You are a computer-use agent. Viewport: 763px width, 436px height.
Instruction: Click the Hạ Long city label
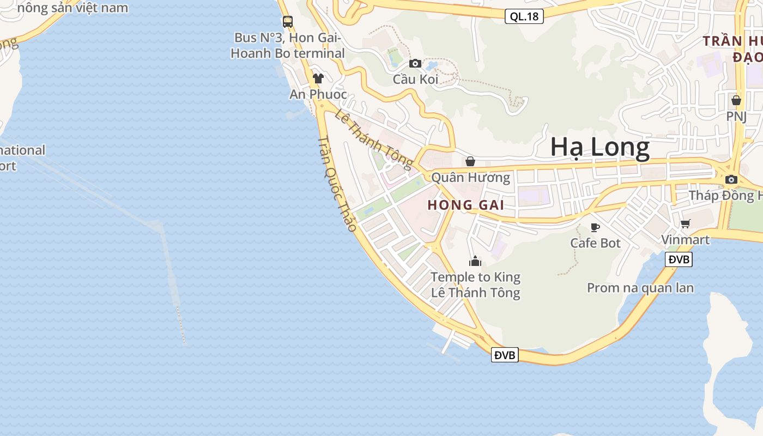(599, 148)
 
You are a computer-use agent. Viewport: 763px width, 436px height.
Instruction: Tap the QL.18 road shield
(524, 16)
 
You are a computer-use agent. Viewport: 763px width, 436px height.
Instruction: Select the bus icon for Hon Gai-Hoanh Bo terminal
(287, 22)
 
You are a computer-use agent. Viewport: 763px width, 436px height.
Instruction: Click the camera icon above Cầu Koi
(415, 63)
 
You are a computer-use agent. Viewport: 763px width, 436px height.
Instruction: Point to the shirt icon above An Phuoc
(318, 78)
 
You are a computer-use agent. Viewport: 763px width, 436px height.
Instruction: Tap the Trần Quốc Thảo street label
(337, 183)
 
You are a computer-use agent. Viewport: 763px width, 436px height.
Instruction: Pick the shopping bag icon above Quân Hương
(470, 161)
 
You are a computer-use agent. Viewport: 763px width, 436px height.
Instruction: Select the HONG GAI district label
(465, 205)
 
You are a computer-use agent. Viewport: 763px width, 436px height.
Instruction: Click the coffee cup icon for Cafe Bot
(595, 227)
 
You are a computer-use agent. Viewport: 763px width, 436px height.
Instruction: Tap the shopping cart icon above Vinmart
(686, 223)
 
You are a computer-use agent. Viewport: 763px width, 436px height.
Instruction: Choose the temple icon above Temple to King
(475, 262)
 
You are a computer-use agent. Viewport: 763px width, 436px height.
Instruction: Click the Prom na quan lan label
(640, 288)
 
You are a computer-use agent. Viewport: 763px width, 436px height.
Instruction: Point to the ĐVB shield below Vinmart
(679, 259)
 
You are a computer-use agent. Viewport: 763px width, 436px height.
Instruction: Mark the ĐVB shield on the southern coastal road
(505, 355)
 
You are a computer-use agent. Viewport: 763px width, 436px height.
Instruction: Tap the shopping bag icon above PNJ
(736, 100)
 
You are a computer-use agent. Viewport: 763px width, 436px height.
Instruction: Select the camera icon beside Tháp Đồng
(731, 179)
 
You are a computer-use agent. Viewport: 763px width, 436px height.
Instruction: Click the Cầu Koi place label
(415, 80)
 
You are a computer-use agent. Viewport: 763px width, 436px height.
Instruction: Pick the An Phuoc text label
(318, 94)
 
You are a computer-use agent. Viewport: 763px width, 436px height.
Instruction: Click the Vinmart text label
(685, 240)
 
